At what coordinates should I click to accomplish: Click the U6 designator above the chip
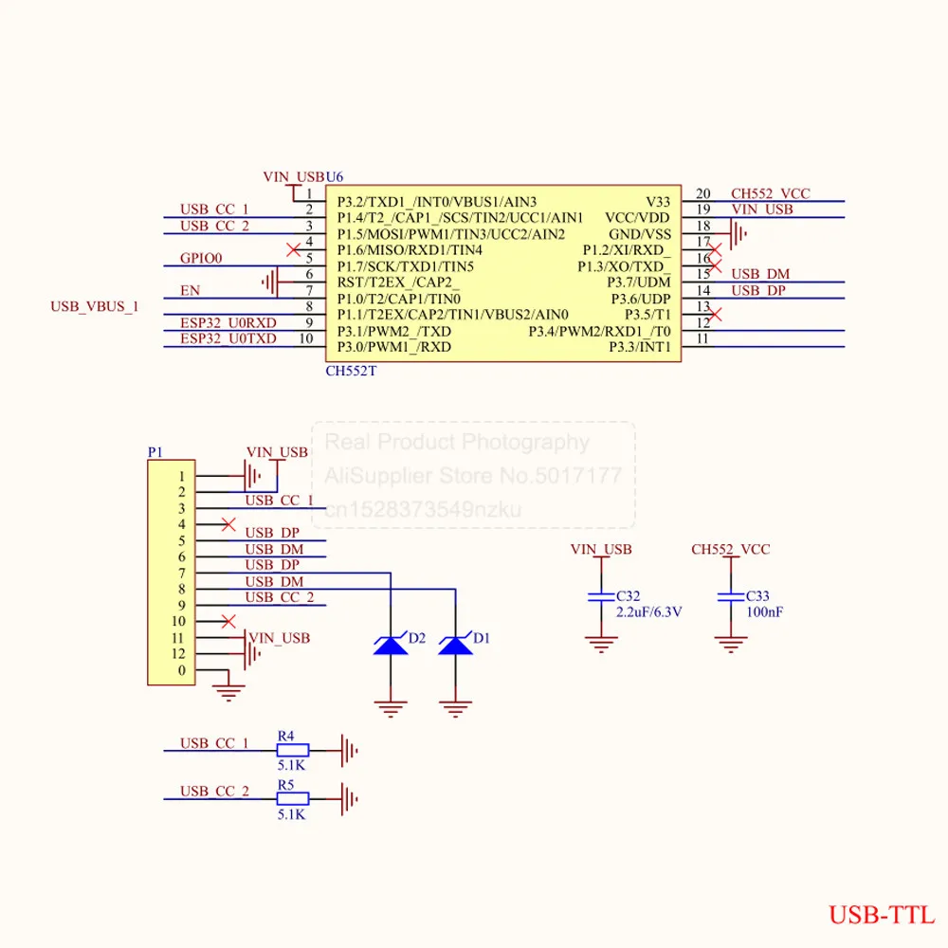pyautogui.click(x=335, y=177)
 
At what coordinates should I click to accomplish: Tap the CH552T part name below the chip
pyautogui.click(x=351, y=372)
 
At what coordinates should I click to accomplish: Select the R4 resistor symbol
pyautogui.click(x=293, y=750)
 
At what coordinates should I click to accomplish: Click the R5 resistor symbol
pyautogui.click(x=293, y=798)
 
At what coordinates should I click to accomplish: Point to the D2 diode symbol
pyautogui.click(x=391, y=645)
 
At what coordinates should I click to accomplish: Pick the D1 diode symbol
pyautogui.click(x=455, y=645)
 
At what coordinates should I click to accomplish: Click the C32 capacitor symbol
pyautogui.click(x=601, y=596)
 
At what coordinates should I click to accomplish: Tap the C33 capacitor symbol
pyautogui.click(x=730, y=596)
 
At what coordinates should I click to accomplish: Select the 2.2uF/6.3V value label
pyautogui.click(x=648, y=612)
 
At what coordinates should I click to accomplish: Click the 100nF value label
pyautogui.click(x=764, y=612)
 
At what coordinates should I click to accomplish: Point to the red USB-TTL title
pyautogui.click(x=882, y=916)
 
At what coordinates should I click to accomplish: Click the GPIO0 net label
pyautogui.click(x=201, y=258)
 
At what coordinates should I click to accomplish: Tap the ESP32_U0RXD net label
pyautogui.click(x=228, y=323)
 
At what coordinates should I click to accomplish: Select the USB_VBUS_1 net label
pyautogui.click(x=94, y=306)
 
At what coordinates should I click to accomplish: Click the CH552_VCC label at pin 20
pyautogui.click(x=770, y=193)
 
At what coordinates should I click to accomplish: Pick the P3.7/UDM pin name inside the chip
pyautogui.click(x=639, y=283)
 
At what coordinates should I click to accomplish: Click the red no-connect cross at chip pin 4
pyautogui.click(x=293, y=249)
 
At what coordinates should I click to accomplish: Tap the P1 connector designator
pyautogui.click(x=155, y=452)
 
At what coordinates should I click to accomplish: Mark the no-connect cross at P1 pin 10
pyautogui.click(x=228, y=621)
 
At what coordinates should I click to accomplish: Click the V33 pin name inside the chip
pyautogui.click(x=658, y=202)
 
